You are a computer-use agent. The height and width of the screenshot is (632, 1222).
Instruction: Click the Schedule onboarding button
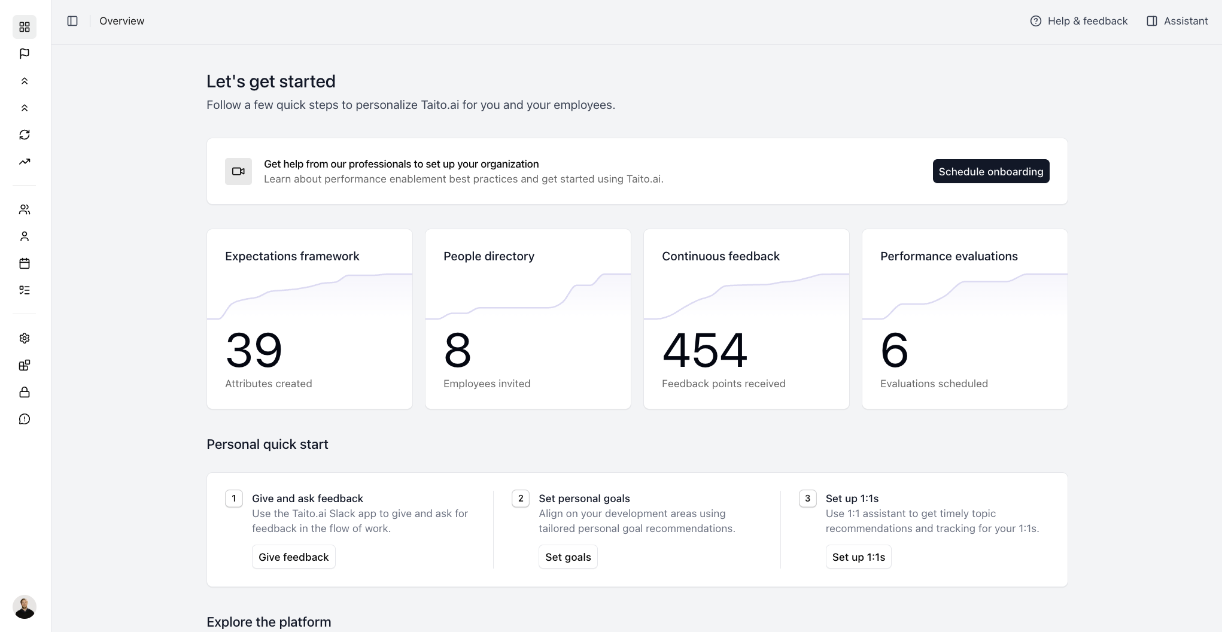[990, 172]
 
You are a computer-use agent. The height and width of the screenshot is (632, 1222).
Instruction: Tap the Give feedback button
[293, 557]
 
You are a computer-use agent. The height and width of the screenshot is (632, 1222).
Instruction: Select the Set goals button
[568, 557]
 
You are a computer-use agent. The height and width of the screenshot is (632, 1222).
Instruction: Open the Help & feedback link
[1079, 21]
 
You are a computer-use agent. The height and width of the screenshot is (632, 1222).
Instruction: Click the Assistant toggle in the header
[1177, 21]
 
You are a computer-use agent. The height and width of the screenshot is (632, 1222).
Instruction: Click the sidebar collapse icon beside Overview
[72, 21]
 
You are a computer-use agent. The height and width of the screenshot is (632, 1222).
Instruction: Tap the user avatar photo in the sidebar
[25, 607]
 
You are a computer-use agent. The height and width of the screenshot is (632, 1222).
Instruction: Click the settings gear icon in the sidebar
[25, 338]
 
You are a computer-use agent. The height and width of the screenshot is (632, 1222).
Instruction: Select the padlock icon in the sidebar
[25, 392]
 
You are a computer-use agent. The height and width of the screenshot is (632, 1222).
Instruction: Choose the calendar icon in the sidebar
[25, 263]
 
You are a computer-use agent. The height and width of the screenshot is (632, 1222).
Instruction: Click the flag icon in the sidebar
[25, 54]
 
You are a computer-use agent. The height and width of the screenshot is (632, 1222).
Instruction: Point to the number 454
[704, 350]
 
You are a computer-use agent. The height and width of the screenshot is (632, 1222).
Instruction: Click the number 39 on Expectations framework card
[254, 350]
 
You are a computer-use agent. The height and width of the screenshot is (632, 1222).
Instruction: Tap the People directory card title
[489, 256]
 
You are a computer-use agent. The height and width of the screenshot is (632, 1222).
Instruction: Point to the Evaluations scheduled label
[934, 384]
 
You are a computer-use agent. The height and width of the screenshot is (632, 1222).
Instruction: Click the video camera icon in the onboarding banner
[238, 172]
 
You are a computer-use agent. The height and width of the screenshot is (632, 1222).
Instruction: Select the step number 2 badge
[521, 499]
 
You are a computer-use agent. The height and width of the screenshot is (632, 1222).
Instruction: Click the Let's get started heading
[270, 81]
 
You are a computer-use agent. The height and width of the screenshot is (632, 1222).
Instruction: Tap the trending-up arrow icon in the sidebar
[25, 162]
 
